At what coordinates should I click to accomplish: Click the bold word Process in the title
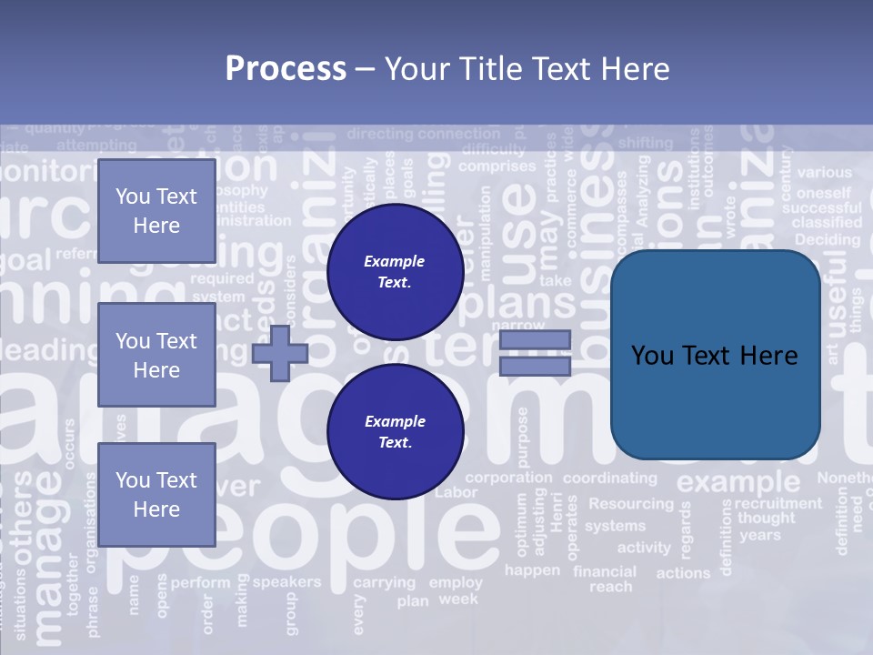[x=286, y=69]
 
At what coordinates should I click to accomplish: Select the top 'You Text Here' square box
[x=156, y=211]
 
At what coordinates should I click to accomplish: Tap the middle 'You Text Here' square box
[x=156, y=355]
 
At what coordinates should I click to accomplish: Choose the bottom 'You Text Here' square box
[x=156, y=494]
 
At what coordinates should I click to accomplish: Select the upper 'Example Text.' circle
[x=395, y=272]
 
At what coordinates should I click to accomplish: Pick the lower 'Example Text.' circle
[x=395, y=432]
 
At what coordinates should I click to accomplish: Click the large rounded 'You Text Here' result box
[x=715, y=355]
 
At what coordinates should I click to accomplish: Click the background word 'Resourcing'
[x=631, y=504]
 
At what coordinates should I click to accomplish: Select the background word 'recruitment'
[x=778, y=503]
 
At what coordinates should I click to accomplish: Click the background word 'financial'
[x=605, y=571]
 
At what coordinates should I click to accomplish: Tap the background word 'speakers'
[x=286, y=581]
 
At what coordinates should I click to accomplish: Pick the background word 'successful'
[x=822, y=207]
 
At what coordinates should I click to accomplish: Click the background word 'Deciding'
[x=828, y=240]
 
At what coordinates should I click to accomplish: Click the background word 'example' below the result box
[x=738, y=481]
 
